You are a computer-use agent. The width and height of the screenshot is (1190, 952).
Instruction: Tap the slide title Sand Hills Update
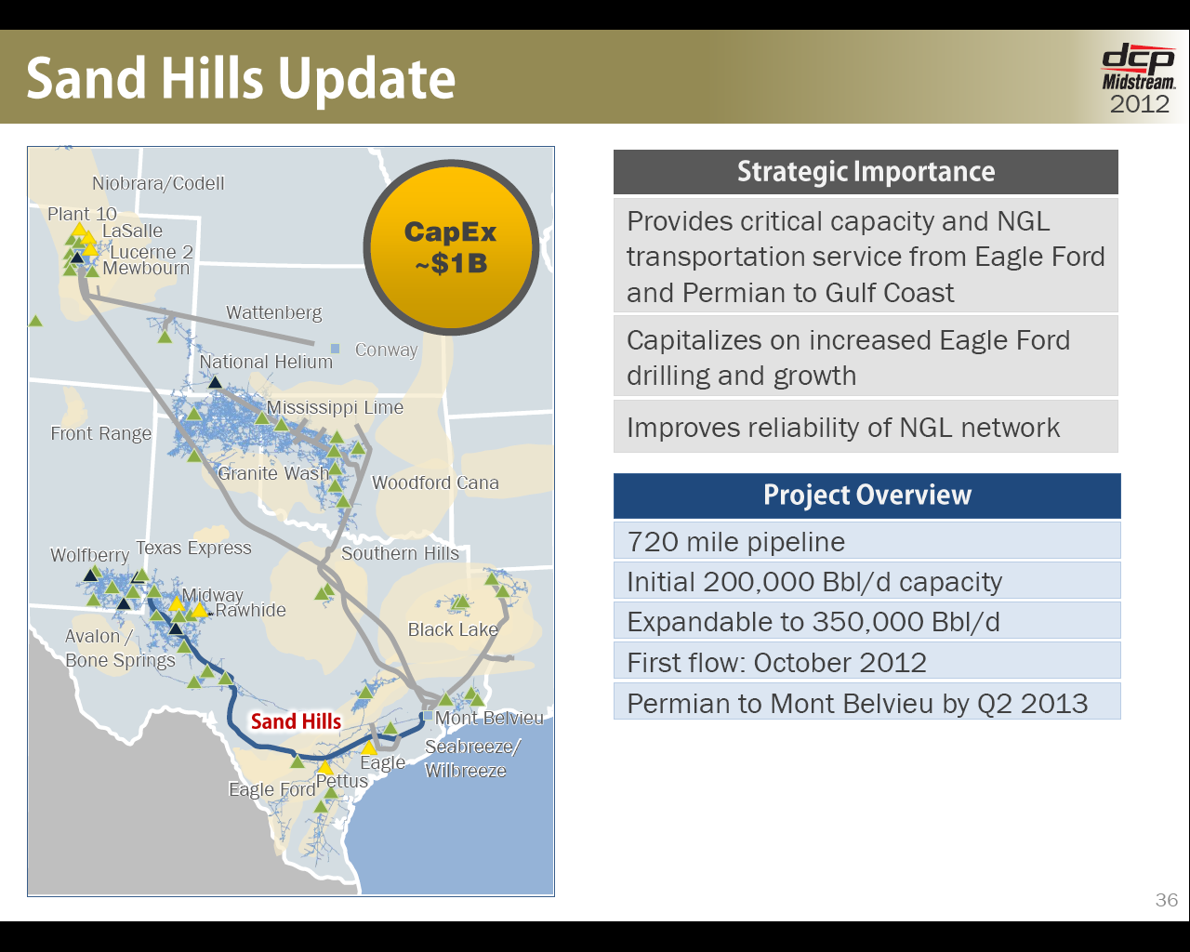[241, 79]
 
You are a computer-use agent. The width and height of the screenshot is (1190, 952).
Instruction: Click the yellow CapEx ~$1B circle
[451, 247]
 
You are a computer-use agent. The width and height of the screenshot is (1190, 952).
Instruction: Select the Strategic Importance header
[866, 171]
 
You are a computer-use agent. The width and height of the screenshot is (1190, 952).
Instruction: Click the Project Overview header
[867, 496]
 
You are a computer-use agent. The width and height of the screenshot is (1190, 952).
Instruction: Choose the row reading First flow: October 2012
[867, 661]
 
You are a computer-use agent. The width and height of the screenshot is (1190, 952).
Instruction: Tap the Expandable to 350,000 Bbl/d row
[867, 621]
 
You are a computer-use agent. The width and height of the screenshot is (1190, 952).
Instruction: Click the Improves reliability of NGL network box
[866, 427]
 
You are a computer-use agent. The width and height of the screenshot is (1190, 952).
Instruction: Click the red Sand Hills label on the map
[296, 721]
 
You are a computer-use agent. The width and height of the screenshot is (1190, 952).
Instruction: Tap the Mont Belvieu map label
[489, 718]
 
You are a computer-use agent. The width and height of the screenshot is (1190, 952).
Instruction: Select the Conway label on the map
[386, 350]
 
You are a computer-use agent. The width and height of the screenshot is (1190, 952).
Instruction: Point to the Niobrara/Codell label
[158, 183]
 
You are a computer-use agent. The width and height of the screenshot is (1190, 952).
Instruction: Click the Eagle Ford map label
[272, 789]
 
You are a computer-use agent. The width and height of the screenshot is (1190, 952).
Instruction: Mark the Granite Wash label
[273, 473]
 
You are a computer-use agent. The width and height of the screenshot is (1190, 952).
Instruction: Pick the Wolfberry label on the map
[89, 555]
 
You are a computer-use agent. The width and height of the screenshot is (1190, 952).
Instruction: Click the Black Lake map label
[453, 629]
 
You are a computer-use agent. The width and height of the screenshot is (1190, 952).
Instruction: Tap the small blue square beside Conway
[335, 348]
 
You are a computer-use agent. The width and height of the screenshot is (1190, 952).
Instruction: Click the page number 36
[1166, 900]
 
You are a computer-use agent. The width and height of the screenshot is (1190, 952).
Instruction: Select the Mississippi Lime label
[335, 408]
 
